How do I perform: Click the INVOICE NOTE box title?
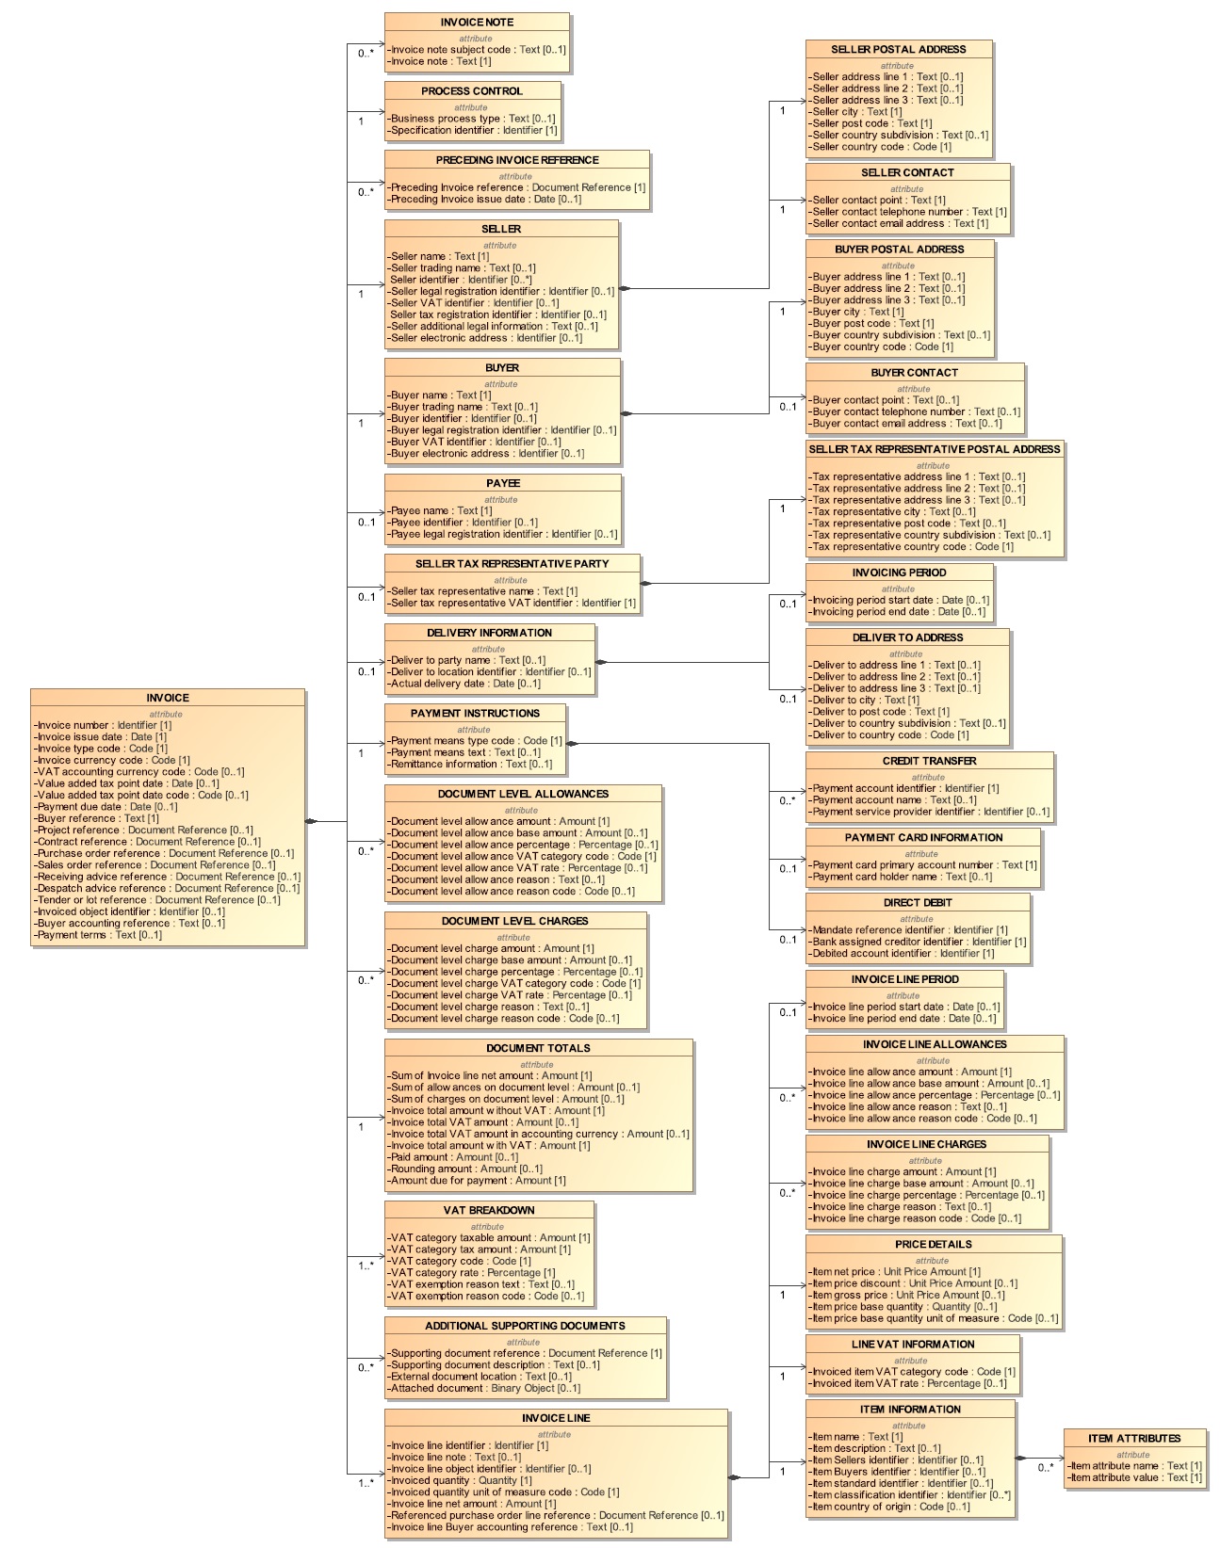point(477,23)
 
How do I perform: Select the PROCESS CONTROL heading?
point(471,91)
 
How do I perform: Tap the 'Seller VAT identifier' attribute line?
point(474,303)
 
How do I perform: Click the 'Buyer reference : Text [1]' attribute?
point(97,818)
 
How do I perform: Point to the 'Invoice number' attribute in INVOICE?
point(102,725)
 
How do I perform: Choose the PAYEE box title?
point(502,483)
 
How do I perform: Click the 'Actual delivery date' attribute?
point(464,684)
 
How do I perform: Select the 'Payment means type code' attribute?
point(475,740)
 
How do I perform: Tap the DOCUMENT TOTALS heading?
point(538,1048)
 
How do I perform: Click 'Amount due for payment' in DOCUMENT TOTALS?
point(478,1181)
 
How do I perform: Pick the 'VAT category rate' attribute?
point(471,1272)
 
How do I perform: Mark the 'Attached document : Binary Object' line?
point(484,1388)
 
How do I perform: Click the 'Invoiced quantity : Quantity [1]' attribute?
point(460,1480)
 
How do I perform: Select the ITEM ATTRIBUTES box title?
point(1133,1438)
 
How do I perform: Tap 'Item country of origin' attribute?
point(889,1507)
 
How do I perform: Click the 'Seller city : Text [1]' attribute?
point(855,111)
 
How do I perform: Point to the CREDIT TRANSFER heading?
point(929,761)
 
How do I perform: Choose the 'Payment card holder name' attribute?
point(901,876)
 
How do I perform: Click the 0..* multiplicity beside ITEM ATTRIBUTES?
point(1045,1467)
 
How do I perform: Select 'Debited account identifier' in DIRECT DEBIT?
point(903,953)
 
